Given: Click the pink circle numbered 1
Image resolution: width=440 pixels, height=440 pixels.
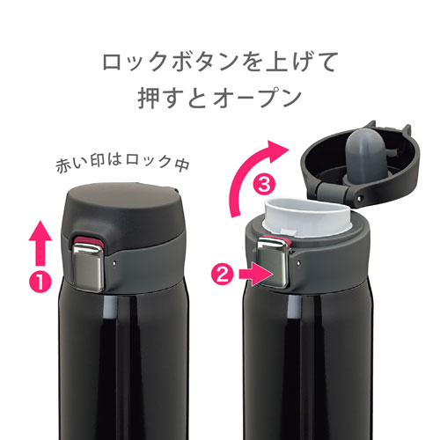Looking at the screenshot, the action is click(x=40, y=282).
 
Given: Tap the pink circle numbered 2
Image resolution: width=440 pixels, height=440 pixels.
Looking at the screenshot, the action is click(x=223, y=275).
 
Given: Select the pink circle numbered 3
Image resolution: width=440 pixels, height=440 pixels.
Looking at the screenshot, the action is click(x=264, y=185).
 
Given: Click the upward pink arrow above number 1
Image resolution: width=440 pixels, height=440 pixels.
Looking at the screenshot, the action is click(x=40, y=244).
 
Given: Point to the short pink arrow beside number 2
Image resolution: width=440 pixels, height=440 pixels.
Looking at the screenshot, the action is click(x=256, y=275).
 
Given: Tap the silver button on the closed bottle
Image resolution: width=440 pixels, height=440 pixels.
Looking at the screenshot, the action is click(x=88, y=268).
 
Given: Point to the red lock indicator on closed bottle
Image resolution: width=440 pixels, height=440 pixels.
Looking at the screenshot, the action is click(x=89, y=241).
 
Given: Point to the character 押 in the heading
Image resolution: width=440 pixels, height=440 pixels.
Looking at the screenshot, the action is click(x=149, y=98).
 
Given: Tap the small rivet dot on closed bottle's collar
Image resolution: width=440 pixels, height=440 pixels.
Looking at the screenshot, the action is click(x=114, y=263).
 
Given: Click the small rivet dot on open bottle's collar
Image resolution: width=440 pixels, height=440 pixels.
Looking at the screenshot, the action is click(x=298, y=263).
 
